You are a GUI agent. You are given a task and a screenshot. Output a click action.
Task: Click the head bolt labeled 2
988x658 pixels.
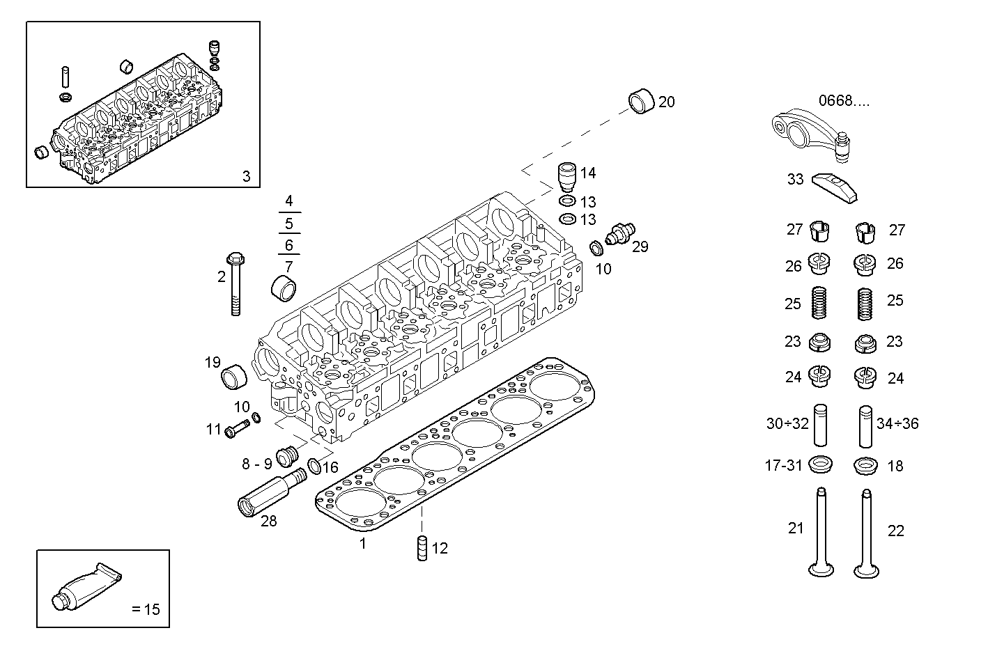click(x=236, y=285)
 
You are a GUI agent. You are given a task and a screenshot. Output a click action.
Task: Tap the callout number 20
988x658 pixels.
click(x=666, y=102)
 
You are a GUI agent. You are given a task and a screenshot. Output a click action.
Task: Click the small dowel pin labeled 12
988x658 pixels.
click(x=422, y=548)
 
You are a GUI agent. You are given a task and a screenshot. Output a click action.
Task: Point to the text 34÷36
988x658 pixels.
click(x=897, y=423)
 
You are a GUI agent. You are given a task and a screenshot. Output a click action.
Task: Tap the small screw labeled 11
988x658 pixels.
click(x=237, y=429)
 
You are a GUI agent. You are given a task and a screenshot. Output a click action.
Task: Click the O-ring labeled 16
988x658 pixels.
click(x=314, y=466)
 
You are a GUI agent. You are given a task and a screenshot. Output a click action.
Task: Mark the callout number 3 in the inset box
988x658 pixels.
click(x=246, y=176)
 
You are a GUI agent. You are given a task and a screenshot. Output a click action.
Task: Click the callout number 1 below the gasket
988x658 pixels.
click(x=362, y=544)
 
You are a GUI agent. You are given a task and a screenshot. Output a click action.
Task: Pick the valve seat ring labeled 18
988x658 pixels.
click(x=865, y=466)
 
